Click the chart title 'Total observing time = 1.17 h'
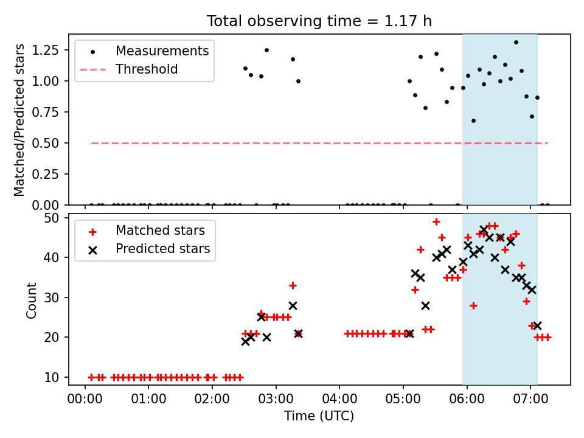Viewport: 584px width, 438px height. [319, 21]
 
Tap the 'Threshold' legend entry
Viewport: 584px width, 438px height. [129, 69]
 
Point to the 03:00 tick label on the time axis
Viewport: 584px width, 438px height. [276, 399]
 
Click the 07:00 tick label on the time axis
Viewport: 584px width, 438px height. [530, 399]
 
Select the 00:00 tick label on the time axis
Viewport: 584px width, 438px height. [85, 399]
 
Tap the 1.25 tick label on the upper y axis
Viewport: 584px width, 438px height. [46, 50]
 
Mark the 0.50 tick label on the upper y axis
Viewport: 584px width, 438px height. [46, 143]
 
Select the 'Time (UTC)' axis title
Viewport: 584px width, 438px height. [319, 415]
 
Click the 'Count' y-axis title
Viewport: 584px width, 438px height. [31, 301]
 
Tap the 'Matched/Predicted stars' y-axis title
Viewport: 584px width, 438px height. [19, 120]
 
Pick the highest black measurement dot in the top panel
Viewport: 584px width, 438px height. [516, 43]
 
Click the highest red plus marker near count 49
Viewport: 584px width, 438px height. [437, 221]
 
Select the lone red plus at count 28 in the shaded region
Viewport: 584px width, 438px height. [473, 306]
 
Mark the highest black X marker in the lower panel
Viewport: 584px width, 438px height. [484, 229]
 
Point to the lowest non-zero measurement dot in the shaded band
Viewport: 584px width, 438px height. [473, 120]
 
